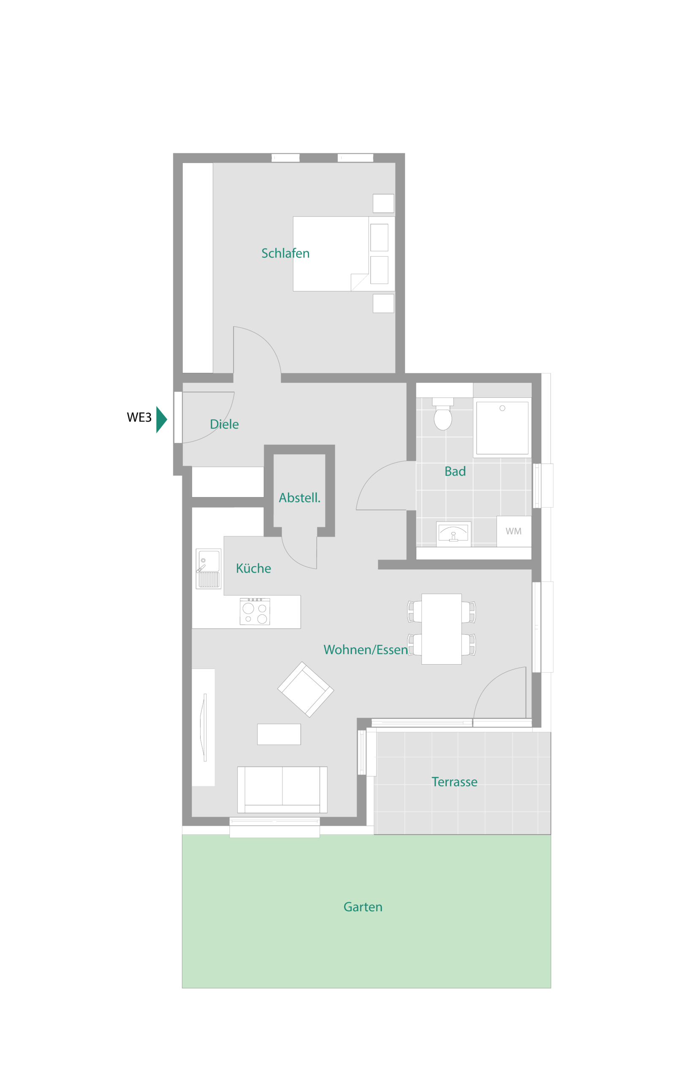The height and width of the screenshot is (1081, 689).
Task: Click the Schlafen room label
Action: pyautogui.click(x=285, y=253)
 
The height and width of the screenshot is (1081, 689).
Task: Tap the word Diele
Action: pyautogui.click(x=224, y=424)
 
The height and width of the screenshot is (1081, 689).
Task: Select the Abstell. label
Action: pyautogui.click(x=299, y=497)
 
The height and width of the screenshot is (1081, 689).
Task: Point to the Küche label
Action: pyautogui.click(x=253, y=568)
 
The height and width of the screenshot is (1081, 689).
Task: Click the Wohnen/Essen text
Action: pyautogui.click(x=365, y=649)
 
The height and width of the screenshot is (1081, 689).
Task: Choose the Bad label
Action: pyautogui.click(x=455, y=471)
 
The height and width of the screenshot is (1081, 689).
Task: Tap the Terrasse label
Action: pyautogui.click(x=454, y=782)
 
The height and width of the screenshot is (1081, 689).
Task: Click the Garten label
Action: pyautogui.click(x=363, y=907)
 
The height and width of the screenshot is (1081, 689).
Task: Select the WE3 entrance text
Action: pyautogui.click(x=139, y=417)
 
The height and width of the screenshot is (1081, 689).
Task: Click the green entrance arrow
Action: pyautogui.click(x=161, y=419)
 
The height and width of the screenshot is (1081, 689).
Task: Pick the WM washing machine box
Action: pyautogui.click(x=513, y=531)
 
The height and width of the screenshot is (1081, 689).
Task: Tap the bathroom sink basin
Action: pyautogui.click(x=453, y=534)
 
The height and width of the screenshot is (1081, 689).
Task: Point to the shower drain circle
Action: pyautogui.click(x=502, y=408)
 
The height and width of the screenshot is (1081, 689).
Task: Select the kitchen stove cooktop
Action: pyautogui.click(x=255, y=611)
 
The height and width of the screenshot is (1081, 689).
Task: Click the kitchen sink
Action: pyautogui.click(x=208, y=569)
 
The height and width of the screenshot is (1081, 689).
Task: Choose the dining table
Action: pyautogui.click(x=441, y=629)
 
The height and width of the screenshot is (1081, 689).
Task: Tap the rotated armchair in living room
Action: pyautogui.click(x=306, y=690)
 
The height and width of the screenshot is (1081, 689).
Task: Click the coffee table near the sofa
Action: pyautogui.click(x=279, y=734)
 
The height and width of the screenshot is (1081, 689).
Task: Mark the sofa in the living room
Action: pyautogui.click(x=282, y=790)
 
